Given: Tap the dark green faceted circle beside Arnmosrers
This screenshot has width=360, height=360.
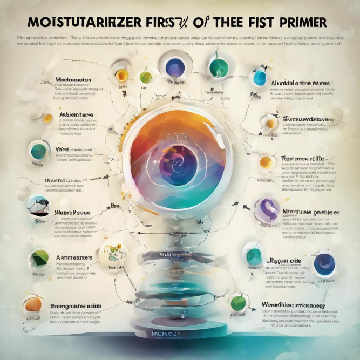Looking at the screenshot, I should click(39, 258).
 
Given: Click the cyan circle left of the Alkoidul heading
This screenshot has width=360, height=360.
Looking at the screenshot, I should click(260, 78).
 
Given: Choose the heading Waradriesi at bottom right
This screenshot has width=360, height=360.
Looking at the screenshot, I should click(294, 305).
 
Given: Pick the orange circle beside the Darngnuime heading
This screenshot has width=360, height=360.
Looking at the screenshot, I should click(33, 305).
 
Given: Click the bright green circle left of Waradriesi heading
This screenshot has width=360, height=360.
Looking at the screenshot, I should click(238, 302).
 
